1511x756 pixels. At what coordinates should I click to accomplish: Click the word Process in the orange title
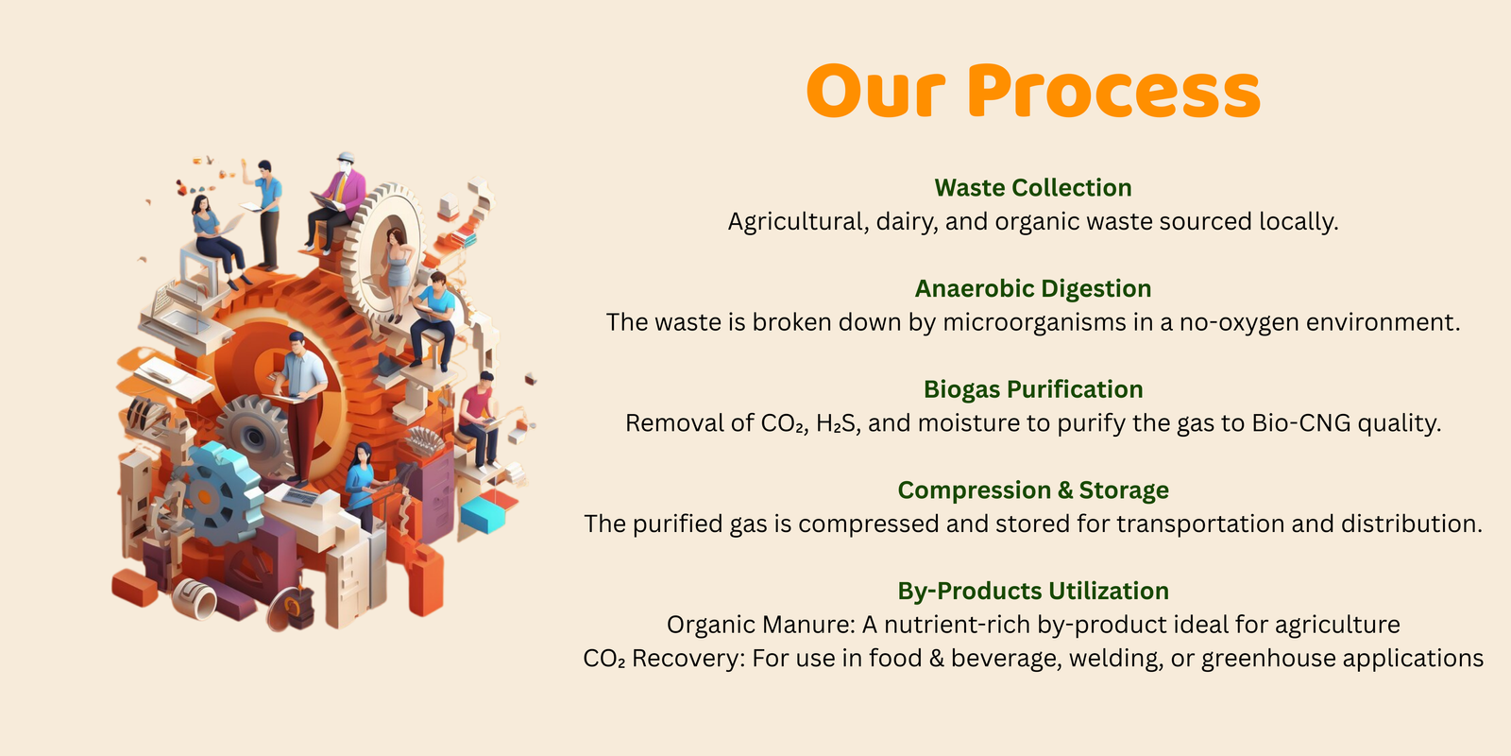[1113, 91]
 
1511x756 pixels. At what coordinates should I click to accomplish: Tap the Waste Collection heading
[1033, 188]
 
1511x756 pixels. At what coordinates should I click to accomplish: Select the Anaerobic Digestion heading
[1033, 289]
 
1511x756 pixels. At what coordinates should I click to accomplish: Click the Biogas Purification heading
[1033, 389]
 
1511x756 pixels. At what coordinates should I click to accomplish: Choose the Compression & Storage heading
[1033, 490]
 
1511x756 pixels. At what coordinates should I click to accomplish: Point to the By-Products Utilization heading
[1033, 592]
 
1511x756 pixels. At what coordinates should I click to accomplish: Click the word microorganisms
[1034, 322]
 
